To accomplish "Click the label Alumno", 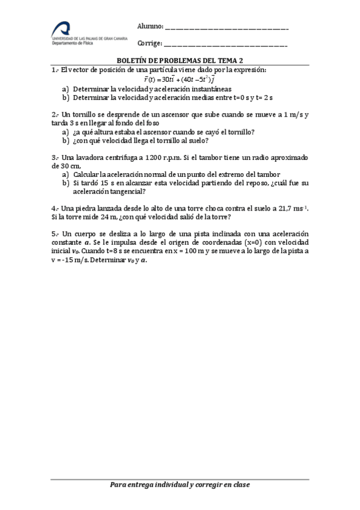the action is [x=150, y=26].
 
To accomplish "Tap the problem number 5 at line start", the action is [x=54, y=233].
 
